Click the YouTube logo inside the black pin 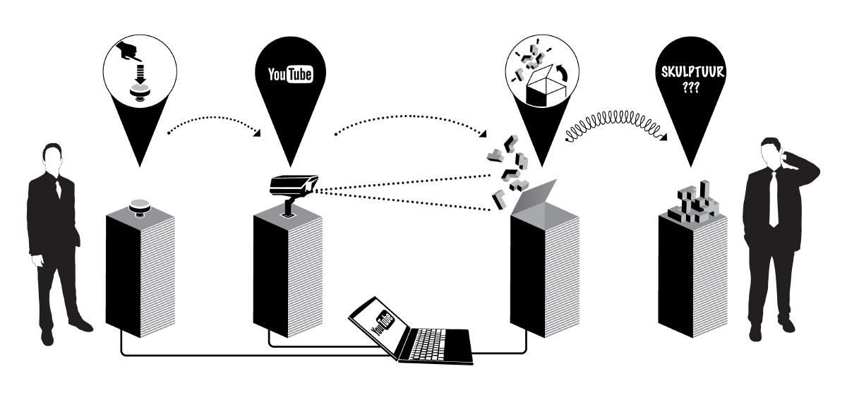click(x=286, y=75)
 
